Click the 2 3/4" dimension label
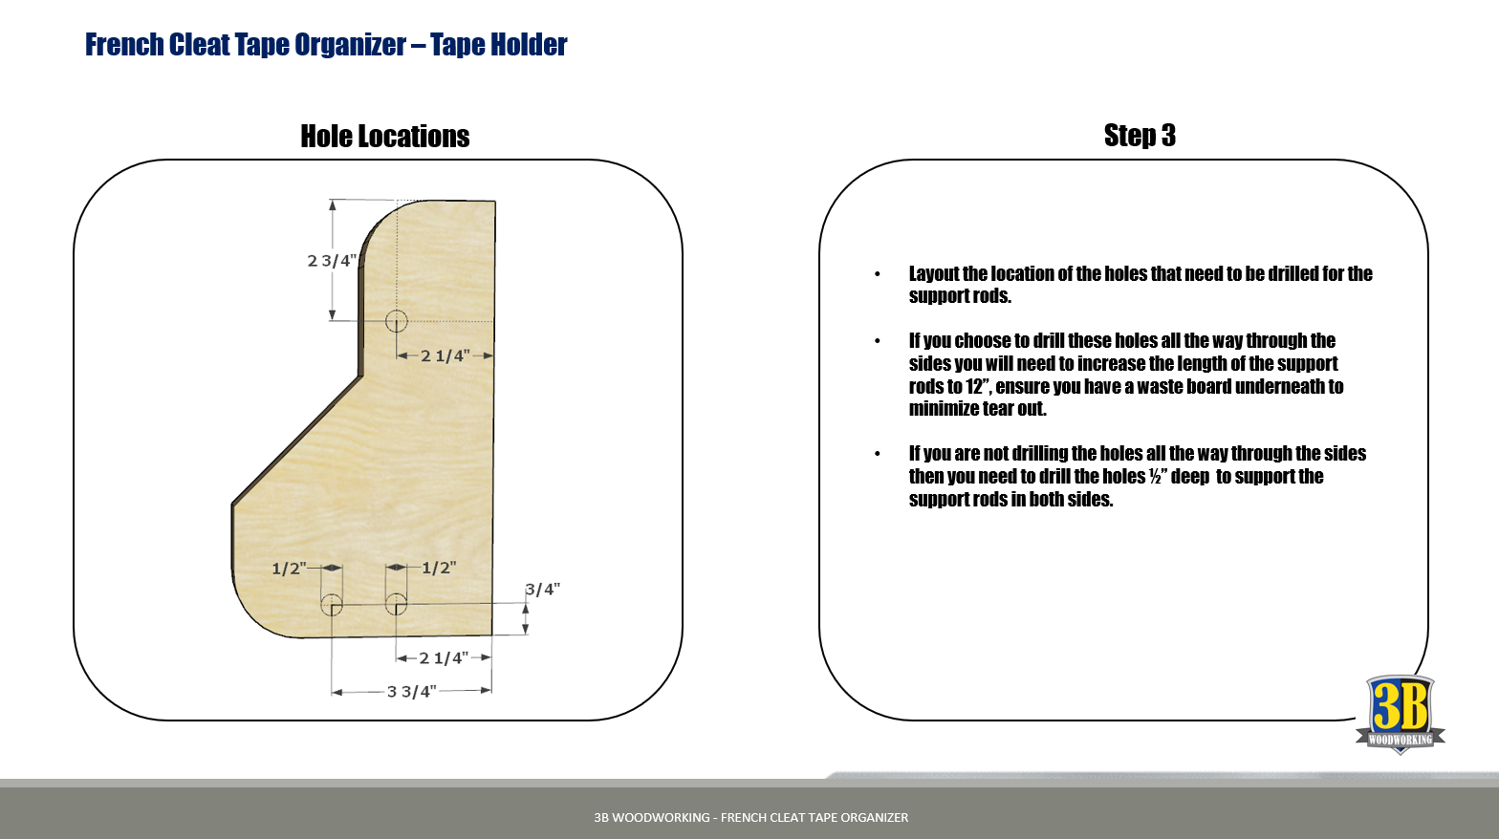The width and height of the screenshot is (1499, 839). coord(332,261)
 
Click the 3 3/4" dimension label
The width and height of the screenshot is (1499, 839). coord(411,691)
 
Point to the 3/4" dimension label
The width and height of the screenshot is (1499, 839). coord(542,590)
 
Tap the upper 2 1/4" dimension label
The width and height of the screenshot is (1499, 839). coord(445,356)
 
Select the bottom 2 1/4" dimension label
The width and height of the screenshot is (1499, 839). coord(444,658)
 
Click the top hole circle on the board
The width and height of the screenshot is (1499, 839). coord(396,321)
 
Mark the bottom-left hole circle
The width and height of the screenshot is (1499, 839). coord(332,604)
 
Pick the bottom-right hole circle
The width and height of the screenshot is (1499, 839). coord(396,604)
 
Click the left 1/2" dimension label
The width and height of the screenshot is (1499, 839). coord(289,569)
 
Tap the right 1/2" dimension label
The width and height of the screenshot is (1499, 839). coord(439,568)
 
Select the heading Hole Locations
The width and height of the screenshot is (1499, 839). coord(385,137)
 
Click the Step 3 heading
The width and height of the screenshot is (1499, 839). coord(1140,136)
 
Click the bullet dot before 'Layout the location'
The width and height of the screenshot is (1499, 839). coord(878,275)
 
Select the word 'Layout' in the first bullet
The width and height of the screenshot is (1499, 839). coord(934,274)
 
